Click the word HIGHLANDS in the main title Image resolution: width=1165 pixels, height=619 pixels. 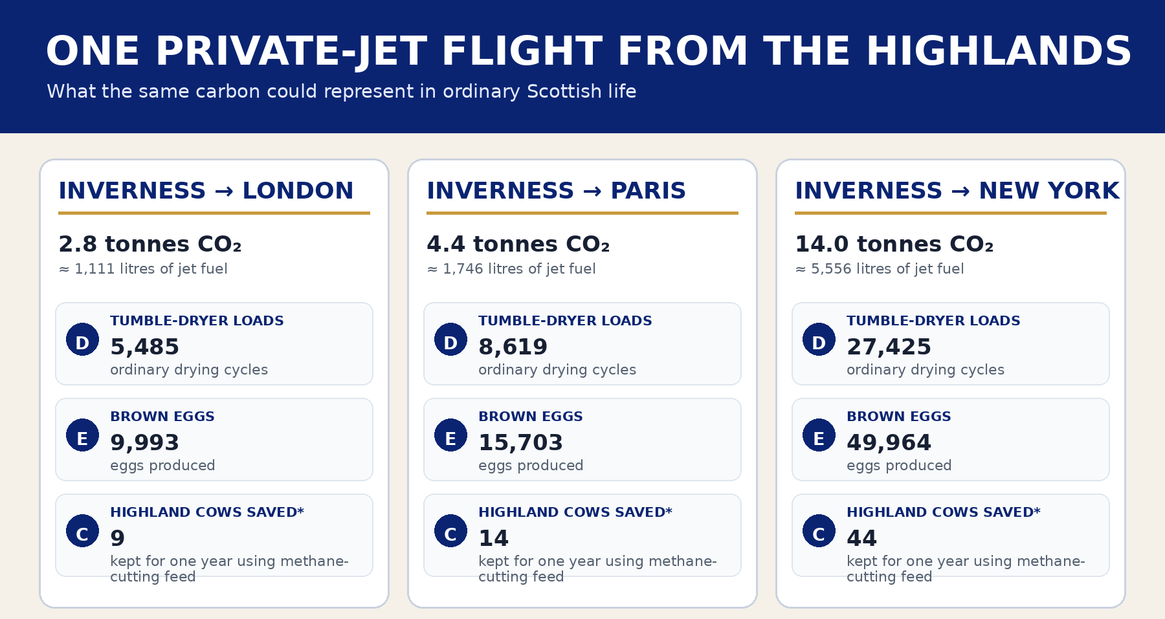999,52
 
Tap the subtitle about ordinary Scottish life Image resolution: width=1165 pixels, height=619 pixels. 342,91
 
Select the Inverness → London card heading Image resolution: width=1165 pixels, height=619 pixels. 206,191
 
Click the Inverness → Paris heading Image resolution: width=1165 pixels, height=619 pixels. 556,191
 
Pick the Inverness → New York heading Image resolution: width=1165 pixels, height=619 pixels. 957,191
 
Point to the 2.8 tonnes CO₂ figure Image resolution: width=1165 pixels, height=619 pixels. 150,244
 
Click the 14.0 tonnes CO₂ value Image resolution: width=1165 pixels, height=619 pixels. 894,244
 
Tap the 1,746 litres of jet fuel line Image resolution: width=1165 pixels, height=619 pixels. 511,269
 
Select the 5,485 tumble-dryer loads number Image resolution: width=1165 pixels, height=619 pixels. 144,347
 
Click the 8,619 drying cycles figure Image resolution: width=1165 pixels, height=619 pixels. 513,347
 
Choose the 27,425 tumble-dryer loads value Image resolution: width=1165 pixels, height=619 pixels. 889,347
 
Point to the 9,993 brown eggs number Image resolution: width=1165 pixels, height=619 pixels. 144,443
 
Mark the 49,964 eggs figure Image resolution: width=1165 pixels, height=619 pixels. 889,443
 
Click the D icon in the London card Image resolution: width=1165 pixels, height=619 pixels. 82,340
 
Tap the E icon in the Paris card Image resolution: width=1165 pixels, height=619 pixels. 450,435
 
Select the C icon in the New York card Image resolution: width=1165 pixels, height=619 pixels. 819,531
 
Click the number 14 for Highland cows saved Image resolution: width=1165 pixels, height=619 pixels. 493,538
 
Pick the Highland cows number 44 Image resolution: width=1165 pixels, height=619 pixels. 861,538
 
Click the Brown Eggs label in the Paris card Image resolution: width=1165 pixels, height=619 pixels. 531,417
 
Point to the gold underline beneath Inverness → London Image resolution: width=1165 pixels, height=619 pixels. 214,213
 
